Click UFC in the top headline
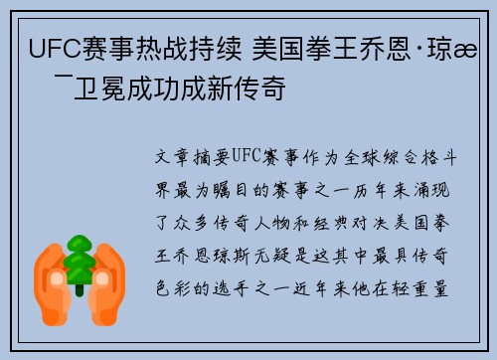coord(54,47)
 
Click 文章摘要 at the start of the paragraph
coord(193,157)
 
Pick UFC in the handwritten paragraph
coord(249,157)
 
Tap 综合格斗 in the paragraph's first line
coord(417,157)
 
